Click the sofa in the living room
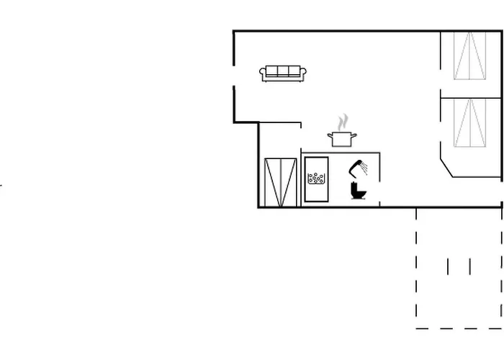(x=283, y=73)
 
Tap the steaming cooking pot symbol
(x=342, y=137)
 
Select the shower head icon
(x=356, y=168)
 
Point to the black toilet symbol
(x=358, y=191)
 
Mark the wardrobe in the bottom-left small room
(x=281, y=183)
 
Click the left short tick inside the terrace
(x=448, y=267)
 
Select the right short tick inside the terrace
(x=469, y=267)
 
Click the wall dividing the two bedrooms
(x=472, y=96)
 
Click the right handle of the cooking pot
(x=354, y=135)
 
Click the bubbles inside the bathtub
(x=315, y=177)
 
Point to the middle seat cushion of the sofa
(x=283, y=71)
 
